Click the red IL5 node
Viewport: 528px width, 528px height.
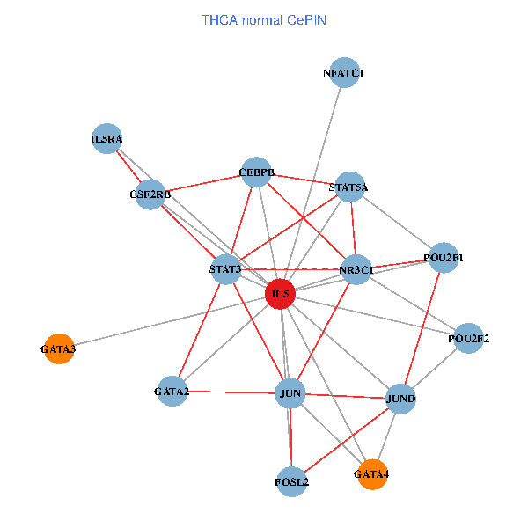[x=280, y=293]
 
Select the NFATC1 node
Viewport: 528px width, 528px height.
[x=344, y=73]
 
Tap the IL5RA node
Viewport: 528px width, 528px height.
[x=106, y=138]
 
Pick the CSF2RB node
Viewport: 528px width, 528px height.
[x=150, y=194]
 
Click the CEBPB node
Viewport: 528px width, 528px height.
[x=257, y=172]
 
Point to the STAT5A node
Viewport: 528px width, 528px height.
[x=349, y=187]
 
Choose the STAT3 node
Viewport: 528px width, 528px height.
[x=226, y=268]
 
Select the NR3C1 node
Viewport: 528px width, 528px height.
[x=356, y=269]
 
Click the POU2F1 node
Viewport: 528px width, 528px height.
[x=443, y=258]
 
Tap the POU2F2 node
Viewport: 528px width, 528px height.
[x=468, y=338]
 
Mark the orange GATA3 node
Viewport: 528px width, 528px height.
[x=58, y=349]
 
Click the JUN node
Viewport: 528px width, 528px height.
[x=290, y=392]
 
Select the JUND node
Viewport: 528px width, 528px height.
[x=400, y=399]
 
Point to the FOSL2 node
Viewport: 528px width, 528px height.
[x=292, y=481]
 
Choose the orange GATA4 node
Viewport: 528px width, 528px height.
[x=371, y=474]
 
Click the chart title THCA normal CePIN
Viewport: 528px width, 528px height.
[x=264, y=19]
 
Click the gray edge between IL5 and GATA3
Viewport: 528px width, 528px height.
[x=167, y=321]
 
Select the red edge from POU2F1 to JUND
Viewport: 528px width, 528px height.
[x=422, y=326]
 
